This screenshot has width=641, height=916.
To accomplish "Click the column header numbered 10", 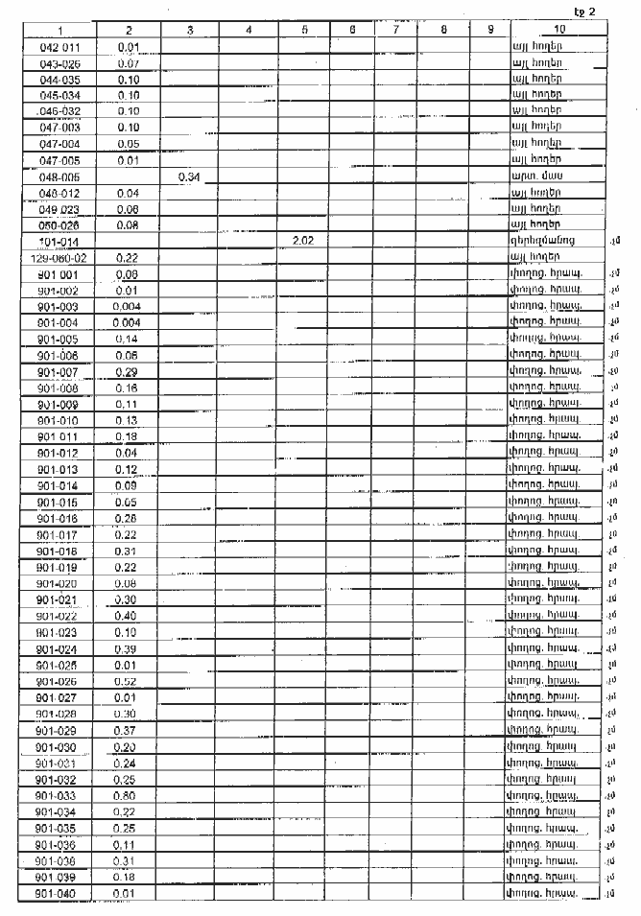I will [558, 31].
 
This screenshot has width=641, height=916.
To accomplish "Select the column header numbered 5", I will [304, 31].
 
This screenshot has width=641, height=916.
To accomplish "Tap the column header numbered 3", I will [190, 31].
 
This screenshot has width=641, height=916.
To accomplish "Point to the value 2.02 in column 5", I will [304, 242].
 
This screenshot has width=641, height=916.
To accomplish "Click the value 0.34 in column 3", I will [190, 177].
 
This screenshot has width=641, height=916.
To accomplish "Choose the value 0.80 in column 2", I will [129, 795].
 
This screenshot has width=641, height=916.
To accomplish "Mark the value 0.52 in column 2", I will [129, 681].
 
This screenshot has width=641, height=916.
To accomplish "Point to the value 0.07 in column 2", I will [129, 63].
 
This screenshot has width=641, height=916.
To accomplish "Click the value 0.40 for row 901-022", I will [129, 616].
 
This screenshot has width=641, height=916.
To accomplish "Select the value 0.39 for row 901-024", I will [129, 648].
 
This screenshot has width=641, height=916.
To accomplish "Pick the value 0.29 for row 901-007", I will [129, 371].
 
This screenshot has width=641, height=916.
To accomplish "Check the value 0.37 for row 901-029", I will [129, 730].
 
